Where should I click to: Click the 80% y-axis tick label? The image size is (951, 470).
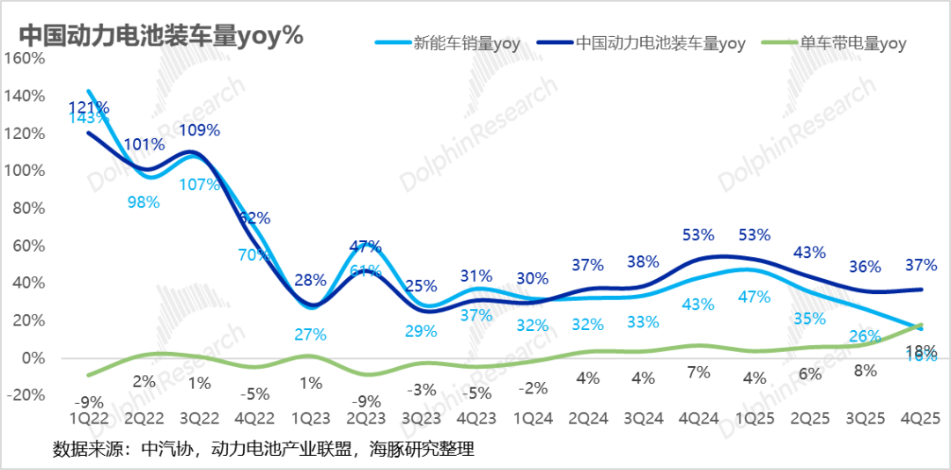click(28, 209)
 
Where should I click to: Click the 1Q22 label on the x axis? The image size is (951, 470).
click(90, 414)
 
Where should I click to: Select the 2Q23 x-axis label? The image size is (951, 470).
click(365, 414)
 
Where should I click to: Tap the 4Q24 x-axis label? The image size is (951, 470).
click(697, 414)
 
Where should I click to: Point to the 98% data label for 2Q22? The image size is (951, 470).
click(144, 202)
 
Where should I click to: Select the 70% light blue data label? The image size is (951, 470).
click(254, 256)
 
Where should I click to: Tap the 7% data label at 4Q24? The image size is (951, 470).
click(699, 371)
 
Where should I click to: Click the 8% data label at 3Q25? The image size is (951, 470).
click(866, 371)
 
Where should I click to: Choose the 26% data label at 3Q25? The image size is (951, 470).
click(865, 335)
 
